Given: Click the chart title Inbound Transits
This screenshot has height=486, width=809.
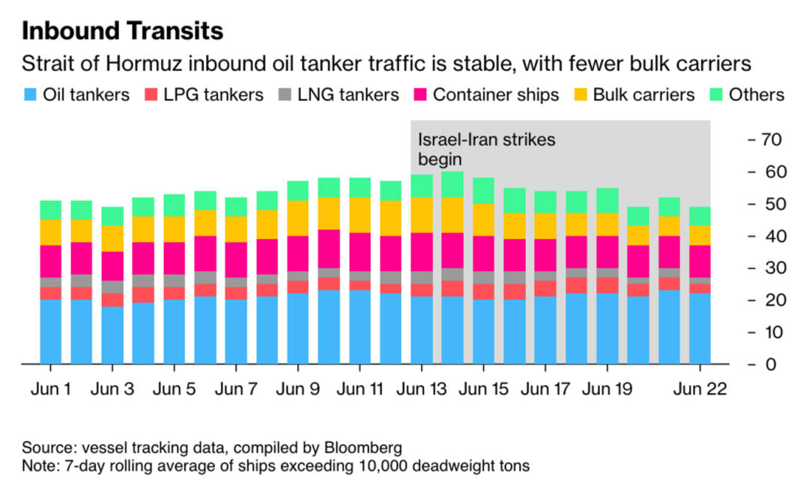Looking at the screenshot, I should pos(123,31).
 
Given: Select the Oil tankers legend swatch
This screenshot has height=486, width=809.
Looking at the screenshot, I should pos(31,95).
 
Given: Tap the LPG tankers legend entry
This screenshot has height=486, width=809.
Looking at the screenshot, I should pos(213,95).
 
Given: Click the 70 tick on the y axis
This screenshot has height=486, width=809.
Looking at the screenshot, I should pos(771,140).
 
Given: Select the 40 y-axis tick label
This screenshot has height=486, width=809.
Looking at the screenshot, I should pos(771,237).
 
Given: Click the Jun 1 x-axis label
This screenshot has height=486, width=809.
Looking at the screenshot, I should pos(50,389).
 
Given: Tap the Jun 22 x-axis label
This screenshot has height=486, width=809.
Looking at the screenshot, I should pos(700,389).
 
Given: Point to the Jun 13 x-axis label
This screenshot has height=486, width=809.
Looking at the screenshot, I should pos(421,389).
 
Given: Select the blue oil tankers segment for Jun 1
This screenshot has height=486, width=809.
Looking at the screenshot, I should pos(50,332).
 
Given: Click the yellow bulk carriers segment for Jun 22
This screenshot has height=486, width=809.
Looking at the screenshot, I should pos(700,236).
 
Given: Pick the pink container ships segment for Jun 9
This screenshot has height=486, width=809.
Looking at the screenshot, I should pos(297,254).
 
